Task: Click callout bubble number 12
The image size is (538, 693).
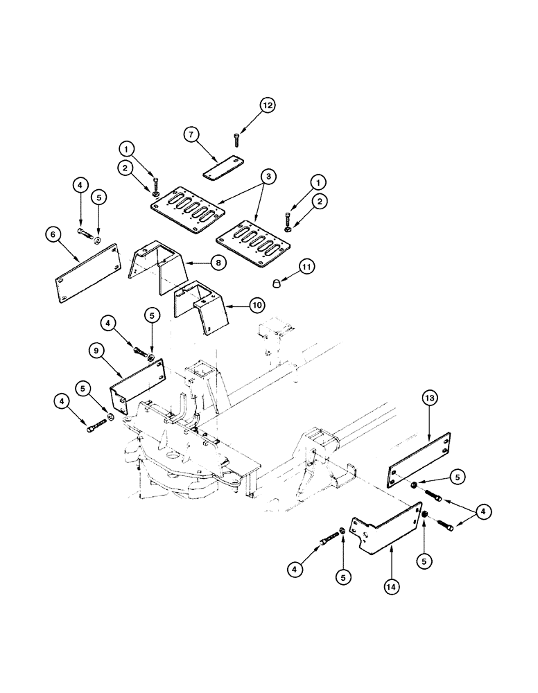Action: click(268, 105)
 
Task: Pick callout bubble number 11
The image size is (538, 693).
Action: click(306, 266)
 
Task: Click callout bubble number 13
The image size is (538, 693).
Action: click(430, 398)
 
